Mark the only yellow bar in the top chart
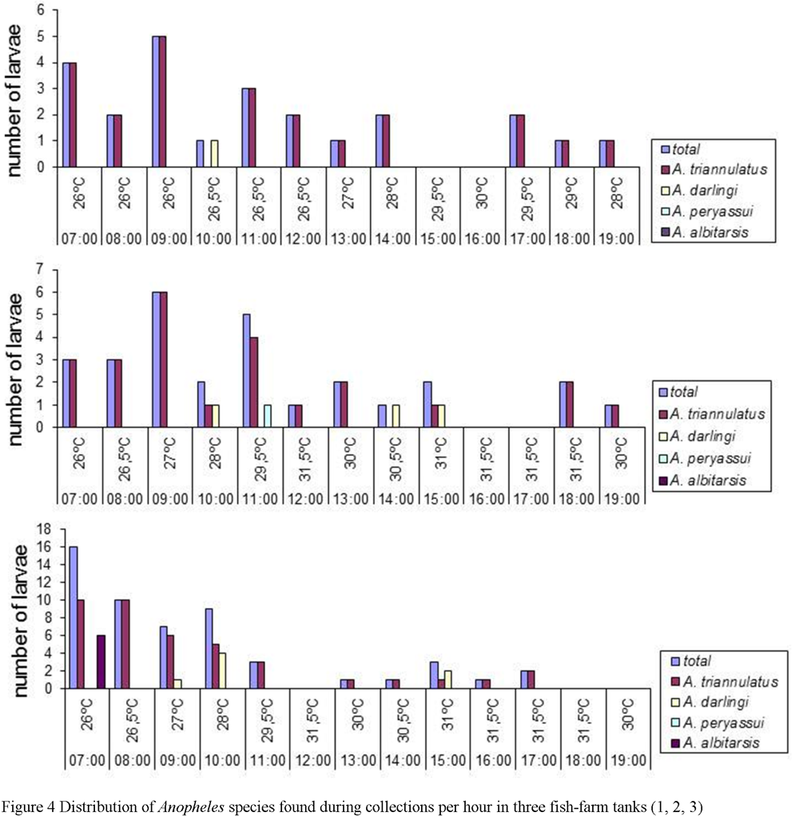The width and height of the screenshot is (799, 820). [215, 154]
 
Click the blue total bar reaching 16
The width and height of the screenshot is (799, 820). [74, 617]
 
